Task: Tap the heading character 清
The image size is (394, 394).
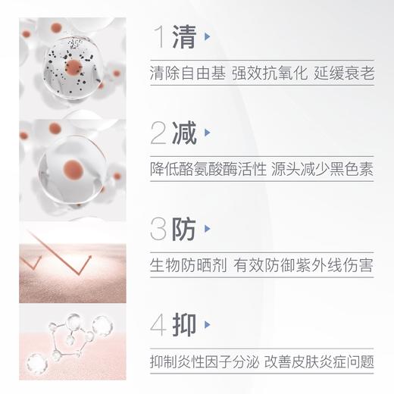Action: tap(184, 36)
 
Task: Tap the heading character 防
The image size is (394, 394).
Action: tap(184, 230)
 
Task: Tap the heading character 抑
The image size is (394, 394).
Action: tap(184, 324)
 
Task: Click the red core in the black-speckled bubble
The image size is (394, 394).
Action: tap(73, 67)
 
